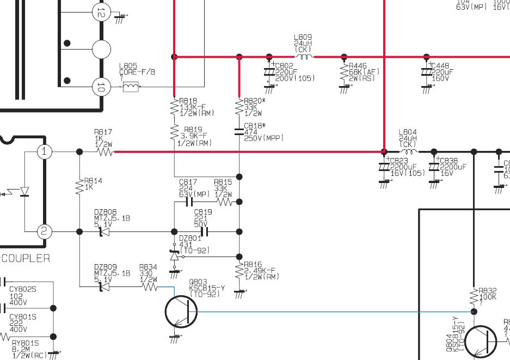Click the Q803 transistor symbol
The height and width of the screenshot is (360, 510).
pyautogui.click(x=181, y=311)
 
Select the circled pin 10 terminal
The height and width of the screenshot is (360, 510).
pyautogui.click(x=101, y=87)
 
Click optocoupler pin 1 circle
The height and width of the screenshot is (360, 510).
pyautogui.click(x=45, y=152)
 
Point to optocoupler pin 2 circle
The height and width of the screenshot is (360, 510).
pyautogui.click(x=45, y=232)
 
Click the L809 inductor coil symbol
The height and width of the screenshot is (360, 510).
pyautogui.click(x=303, y=56)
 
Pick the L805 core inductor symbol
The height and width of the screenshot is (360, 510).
pyautogui.click(x=130, y=87)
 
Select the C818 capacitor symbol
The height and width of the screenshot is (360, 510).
pyautogui.click(x=239, y=131)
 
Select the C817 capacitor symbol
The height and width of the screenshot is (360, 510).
pyautogui.click(x=189, y=202)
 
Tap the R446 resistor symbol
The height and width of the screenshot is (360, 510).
pyautogui.click(x=344, y=71)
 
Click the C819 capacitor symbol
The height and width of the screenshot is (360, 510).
pyautogui.click(x=204, y=232)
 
